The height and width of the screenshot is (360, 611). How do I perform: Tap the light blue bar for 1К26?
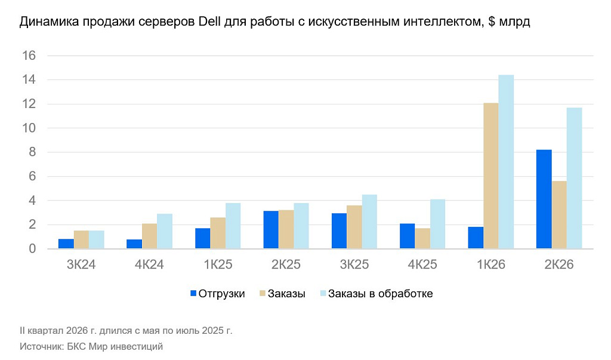pos(506,161)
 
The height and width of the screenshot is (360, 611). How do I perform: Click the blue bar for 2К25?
pos(271,230)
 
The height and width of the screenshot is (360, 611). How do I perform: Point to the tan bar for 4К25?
pos(422,238)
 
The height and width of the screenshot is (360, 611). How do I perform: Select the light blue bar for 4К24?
pos(165,231)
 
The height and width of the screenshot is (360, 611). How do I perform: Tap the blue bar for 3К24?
pos(66,244)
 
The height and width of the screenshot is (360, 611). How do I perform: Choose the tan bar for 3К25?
pos(354,227)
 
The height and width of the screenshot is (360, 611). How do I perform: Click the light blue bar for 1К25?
pos(233,226)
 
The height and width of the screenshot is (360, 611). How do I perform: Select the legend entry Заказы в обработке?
pos(380,294)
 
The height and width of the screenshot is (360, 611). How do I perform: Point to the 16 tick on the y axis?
pos(29,56)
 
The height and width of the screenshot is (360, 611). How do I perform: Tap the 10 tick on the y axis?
pos(29,128)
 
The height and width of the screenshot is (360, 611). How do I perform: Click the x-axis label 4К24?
pos(149,264)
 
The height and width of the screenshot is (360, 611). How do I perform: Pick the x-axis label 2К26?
pos(559,264)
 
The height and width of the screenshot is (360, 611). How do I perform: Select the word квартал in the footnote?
pos(47,330)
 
